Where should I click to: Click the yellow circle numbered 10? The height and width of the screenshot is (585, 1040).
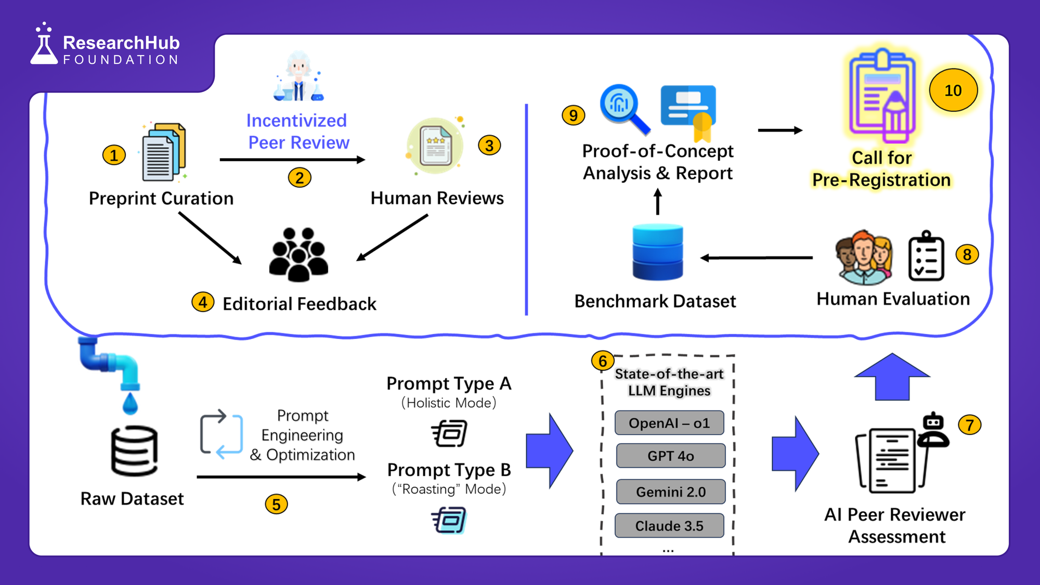953,90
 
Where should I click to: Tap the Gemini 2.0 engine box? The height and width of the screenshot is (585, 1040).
670,492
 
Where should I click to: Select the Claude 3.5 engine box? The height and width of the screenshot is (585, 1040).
669,526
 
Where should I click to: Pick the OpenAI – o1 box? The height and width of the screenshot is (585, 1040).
669,423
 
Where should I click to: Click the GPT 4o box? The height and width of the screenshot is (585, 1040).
670,456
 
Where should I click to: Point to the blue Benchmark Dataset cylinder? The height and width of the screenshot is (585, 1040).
657,252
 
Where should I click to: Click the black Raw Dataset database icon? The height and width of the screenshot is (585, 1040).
134,451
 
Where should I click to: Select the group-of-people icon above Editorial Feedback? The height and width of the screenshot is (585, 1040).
298,255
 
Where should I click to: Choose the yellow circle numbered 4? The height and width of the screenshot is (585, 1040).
203,302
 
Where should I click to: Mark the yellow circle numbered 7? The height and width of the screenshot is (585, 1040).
969,425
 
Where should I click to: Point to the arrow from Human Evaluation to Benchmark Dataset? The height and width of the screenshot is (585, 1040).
757,257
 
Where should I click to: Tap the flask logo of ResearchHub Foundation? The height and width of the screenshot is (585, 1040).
44,46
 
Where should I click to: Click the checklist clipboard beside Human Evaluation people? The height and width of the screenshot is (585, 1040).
926,257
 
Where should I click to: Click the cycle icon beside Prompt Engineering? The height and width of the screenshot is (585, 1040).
221,434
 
